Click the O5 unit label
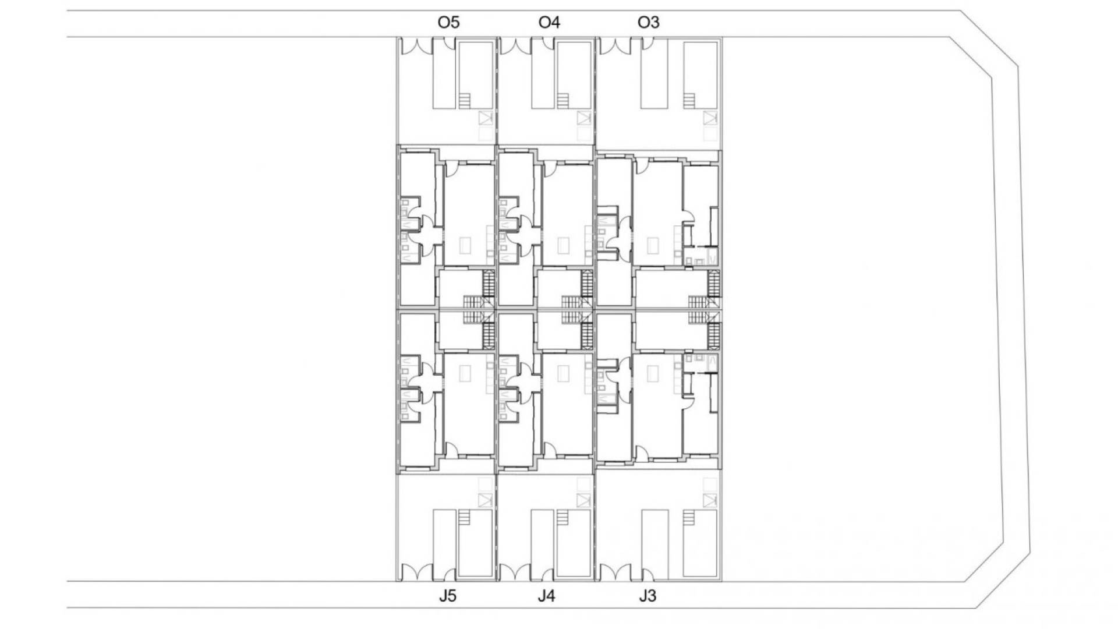pos(448,23)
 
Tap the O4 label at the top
pos(549,23)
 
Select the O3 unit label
pos(649,23)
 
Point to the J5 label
pos(448,596)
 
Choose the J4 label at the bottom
pos(547,596)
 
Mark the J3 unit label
pos(648,596)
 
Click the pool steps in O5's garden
pos(464,101)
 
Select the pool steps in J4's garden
pos(563,518)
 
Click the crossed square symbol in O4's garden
pos(583,118)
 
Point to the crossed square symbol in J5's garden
pos(485,500)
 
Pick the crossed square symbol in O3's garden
pos(709,118)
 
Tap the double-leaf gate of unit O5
pos(416,45)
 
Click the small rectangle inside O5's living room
pos(465,245)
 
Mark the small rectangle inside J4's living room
pos(563,373)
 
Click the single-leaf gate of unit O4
pos(548,44)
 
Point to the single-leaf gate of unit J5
pos(449,574)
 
